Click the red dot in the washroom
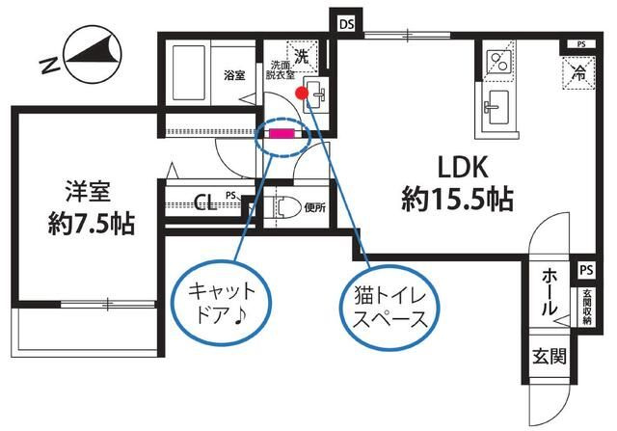302,94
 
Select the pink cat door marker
282,133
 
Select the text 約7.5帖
92,225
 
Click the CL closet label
204,202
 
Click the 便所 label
314,206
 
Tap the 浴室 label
234,74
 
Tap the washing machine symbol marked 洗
302,58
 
